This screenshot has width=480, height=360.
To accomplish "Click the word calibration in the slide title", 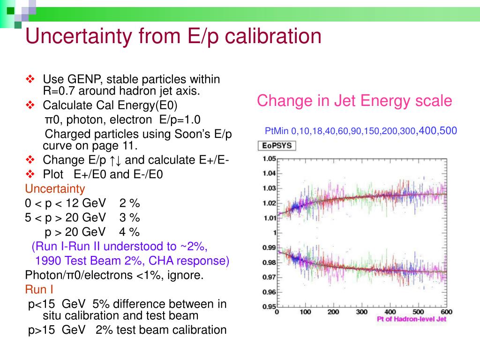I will click(277, 37).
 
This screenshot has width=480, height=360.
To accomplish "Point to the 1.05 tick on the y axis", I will click(269, 158).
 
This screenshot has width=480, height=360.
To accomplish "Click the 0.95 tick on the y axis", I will click(269, 307).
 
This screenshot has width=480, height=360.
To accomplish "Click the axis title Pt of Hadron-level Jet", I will click(412, 319).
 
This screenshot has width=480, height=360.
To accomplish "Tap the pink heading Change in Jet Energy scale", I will click(354, 101).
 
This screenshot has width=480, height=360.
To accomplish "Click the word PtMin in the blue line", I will click(277, 131).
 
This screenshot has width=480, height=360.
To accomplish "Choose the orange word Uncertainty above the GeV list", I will click(55, 189).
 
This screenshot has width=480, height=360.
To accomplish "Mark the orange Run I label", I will click(39, 289).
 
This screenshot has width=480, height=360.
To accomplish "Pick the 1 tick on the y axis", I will click(274, 233).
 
